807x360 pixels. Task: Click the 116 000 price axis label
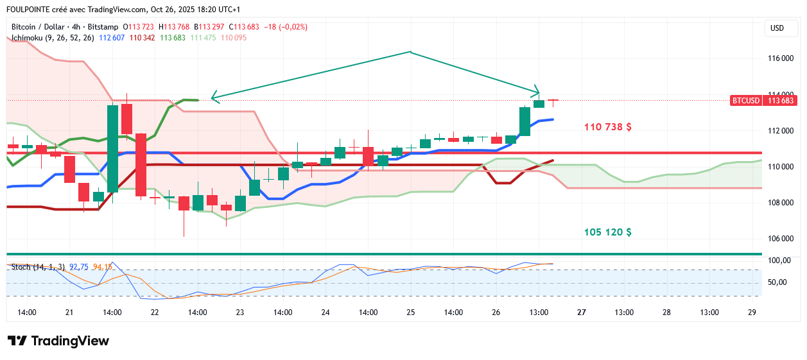coord(781,58)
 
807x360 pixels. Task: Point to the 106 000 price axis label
coord(781,239)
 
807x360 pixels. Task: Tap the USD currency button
coord(777,28)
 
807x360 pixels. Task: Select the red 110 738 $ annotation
coord(607,127)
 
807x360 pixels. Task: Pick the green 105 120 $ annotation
coord(607,232)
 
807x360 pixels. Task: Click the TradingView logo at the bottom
coord(58,341)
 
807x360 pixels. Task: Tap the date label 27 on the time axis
coord(582,313)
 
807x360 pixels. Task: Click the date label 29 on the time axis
coord(752,313)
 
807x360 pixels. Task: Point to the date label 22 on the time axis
coord(155,313)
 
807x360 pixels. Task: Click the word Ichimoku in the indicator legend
coord(27,38)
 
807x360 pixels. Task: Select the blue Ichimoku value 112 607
coord(111,38)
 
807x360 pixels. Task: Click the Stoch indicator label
coord(21,266)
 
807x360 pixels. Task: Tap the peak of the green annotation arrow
coord(410,52)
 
